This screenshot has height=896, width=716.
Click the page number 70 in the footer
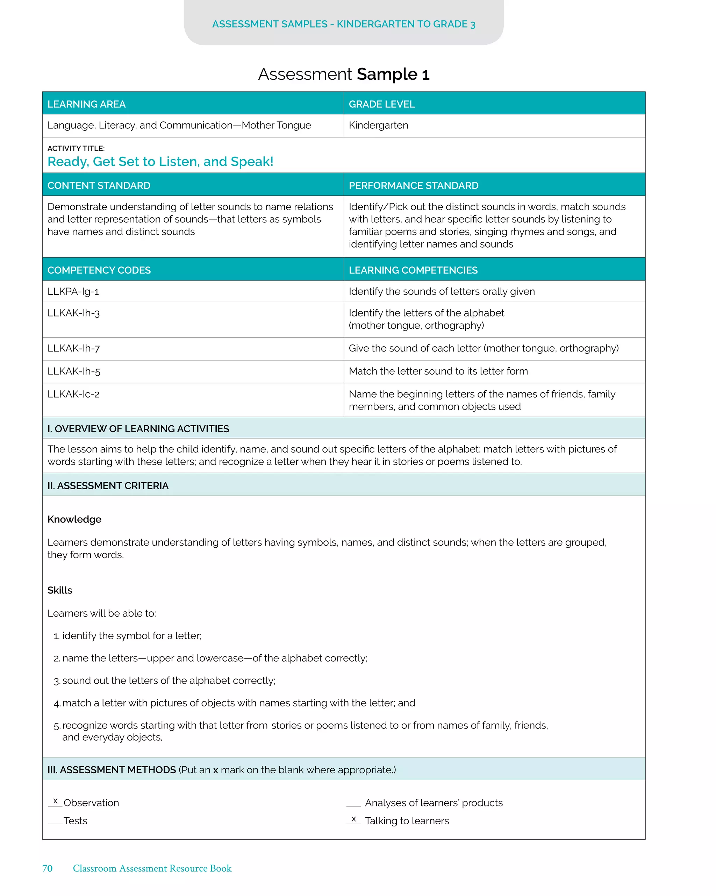click(48, 868)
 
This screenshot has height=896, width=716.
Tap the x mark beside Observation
click(55, 801)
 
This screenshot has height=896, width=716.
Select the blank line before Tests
click(55, 823)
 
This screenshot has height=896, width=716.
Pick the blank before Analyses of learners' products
click(353, 805)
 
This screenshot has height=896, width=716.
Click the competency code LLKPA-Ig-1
click(73, 291)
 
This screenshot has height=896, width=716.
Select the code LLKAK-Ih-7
click(73, 348)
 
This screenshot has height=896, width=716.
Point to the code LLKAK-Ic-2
click(73, 394)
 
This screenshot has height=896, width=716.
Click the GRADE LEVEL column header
click(381, 104)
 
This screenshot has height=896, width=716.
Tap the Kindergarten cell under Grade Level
click(378, 125)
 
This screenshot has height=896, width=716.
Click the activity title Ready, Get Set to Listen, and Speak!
click(160, 161)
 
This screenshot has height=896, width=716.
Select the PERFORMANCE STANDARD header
click(414, 185)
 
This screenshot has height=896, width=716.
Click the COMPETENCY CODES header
click(99, 270)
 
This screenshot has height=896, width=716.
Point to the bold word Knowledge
click(74, 519)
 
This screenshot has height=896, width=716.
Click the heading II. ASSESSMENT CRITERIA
click(108, 485)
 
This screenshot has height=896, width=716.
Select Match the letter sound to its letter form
click(438, 371)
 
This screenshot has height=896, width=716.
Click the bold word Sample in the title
click(387, 74)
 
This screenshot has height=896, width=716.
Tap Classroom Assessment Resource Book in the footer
click(152, 868)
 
